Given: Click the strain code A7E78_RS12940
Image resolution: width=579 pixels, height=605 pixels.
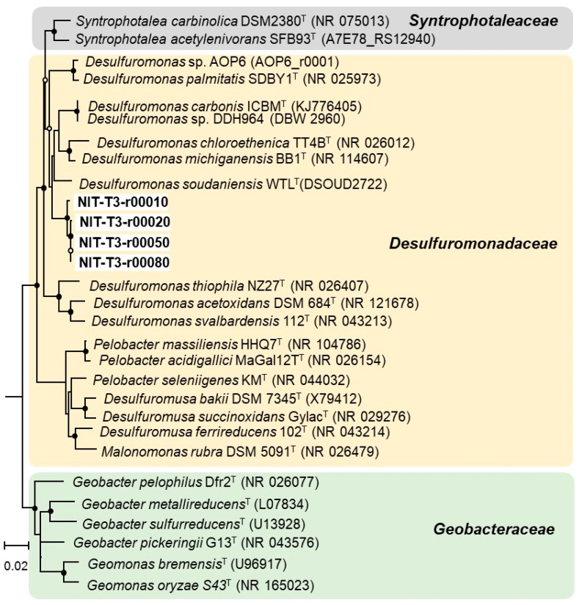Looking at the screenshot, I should coord(373,38).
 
